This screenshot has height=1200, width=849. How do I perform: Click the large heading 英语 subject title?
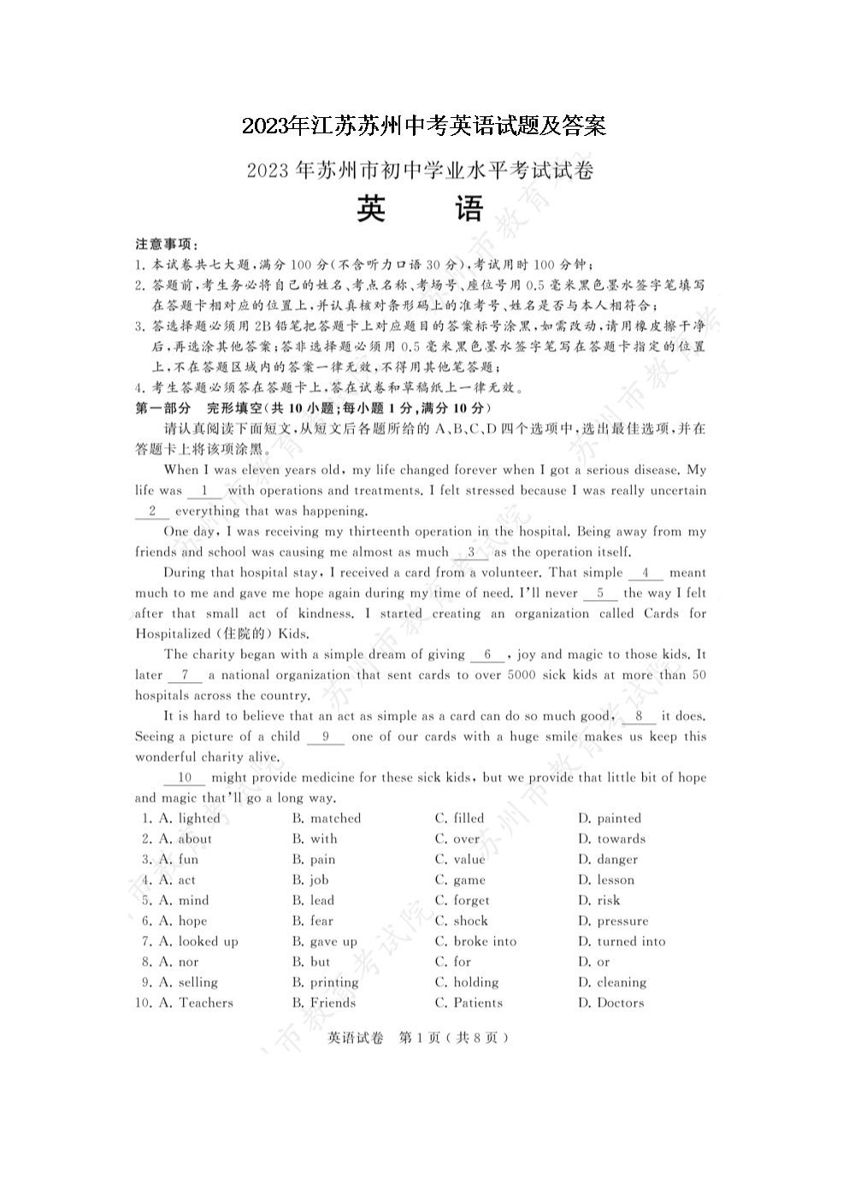coord(420,210)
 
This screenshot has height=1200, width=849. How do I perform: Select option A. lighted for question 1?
coord(189,818)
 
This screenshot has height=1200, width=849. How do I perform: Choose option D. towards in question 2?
coord(611,838)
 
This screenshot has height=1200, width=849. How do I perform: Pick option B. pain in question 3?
coord(314,859)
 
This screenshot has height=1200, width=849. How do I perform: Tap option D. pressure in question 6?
coord(613,921)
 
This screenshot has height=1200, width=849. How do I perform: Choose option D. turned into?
coord(622,941)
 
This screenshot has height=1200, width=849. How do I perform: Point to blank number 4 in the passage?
coord(646,573)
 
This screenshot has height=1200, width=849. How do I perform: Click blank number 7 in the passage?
coord(185,675)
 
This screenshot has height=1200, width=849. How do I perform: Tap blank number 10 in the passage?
coord(185,778)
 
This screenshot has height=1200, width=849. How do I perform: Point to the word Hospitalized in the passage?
coord(172,634)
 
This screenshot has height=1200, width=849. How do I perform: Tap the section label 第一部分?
coord(162,408)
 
